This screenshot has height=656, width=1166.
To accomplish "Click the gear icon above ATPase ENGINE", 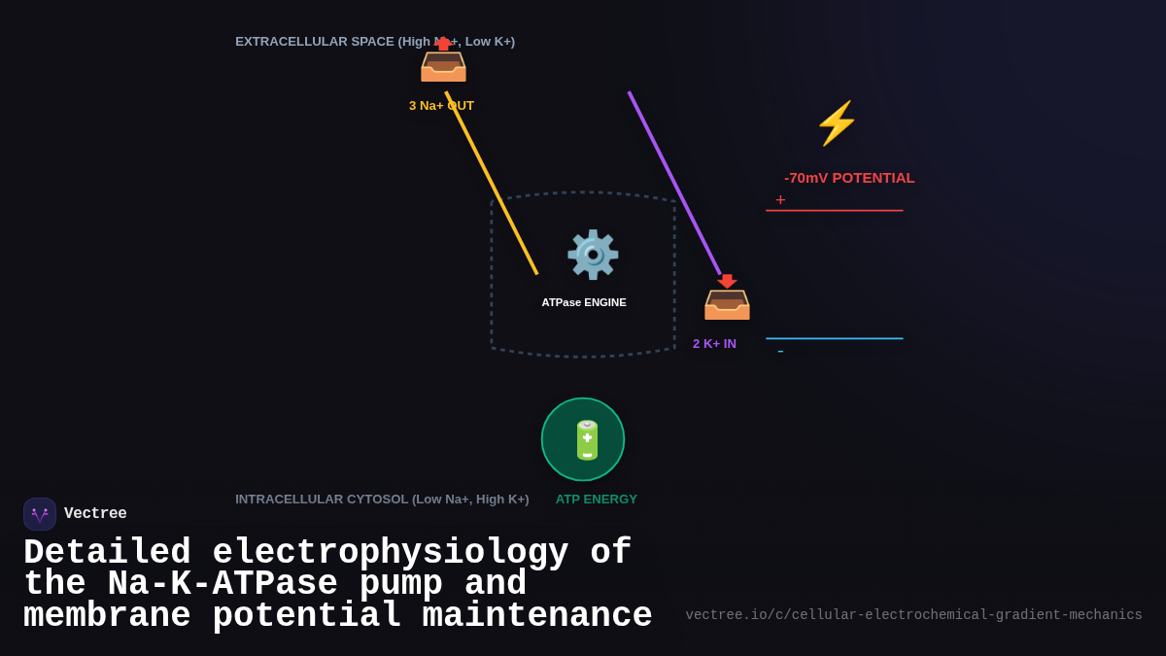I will [593, 255].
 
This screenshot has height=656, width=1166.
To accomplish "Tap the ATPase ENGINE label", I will [584, 302].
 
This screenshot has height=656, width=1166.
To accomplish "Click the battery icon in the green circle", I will [587, 440].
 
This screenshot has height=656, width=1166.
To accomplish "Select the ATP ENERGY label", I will [596, 499].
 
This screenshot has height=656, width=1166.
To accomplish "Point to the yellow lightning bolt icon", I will [836, 123].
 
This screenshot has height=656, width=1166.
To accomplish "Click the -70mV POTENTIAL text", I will [849, 178].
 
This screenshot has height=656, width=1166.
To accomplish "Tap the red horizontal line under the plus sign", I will [834, 210].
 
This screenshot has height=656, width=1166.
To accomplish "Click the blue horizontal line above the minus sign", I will [834, 338].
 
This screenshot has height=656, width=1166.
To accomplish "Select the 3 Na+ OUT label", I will [441, 105].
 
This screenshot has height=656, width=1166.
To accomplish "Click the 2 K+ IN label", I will [714, 343].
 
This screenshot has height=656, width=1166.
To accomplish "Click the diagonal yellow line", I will [492, 184].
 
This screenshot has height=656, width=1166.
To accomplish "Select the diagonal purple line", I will [675, 184].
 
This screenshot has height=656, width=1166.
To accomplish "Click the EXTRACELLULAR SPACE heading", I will [375, 41].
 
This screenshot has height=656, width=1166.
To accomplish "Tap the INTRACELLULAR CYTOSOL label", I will [382, 499].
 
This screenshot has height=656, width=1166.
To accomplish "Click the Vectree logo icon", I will [40, 514].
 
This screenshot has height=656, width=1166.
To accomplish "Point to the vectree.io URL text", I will [913, 615].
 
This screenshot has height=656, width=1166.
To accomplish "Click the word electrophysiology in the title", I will [390, 553].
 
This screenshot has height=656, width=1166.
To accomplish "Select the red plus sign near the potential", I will [780, 200].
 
